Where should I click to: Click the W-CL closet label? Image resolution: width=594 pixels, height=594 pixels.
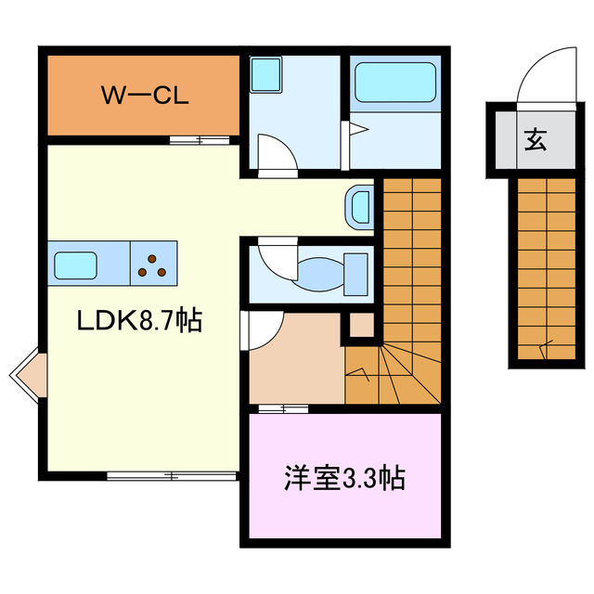pos(145,97)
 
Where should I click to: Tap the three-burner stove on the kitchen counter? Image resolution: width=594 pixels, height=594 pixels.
pos(153,263)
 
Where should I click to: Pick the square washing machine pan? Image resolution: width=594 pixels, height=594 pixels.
pos(267,74)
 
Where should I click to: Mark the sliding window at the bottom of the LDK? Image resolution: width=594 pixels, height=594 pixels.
pos(173,476)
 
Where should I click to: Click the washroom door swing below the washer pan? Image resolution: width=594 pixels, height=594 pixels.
pos(278,154)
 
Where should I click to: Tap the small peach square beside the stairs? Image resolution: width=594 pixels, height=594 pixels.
pos(361,325)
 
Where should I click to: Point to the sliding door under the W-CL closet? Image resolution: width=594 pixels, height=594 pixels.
pos(200,140)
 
